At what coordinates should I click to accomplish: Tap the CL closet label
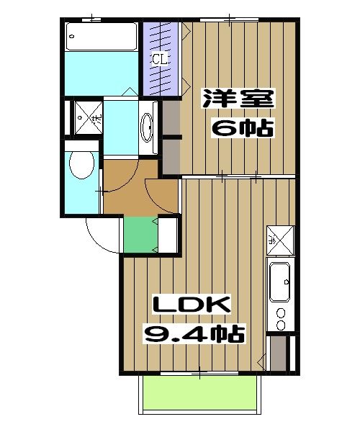pyautogui.click(x=159, y=59)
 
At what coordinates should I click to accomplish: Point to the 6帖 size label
pyautogui.click(x=240, y=129)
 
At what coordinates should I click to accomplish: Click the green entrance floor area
pyautogui.click(x=140, y=235)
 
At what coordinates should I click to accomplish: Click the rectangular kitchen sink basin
pyautogui.click(x=279, y=282)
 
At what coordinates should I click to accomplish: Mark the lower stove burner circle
pyautogui.click(x=279, y=325)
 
